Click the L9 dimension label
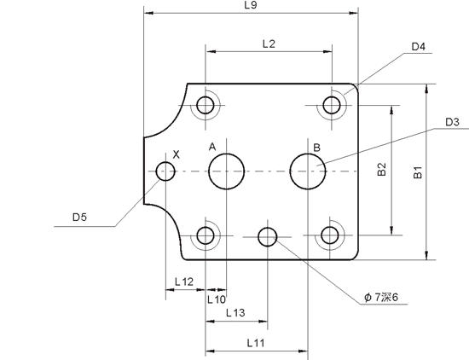[x=251, y=5]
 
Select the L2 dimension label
[x=269, y=44]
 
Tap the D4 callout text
[x=419, y=47]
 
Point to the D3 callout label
[x=452, y=122]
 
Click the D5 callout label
[x=79, y=217]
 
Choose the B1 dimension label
[x=417, y=172]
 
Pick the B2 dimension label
[x=382, y=170]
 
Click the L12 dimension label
[x=184, y=282]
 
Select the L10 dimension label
[x=217, y=299]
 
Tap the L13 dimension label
[x=235, y=313]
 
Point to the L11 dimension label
[x=256, y=343]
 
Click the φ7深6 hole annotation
[x=381, y=297]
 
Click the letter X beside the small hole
[x=177, y=154]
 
